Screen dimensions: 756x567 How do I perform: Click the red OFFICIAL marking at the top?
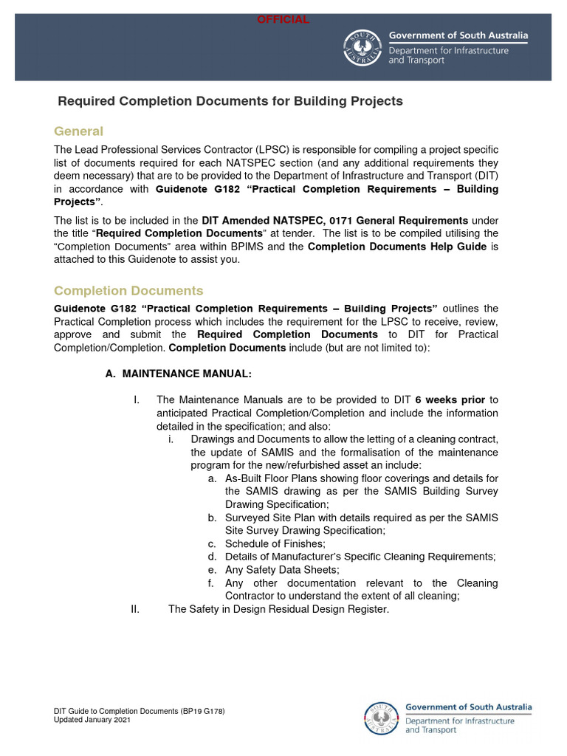pos(283,20)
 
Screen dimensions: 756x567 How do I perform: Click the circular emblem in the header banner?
pos(362,48)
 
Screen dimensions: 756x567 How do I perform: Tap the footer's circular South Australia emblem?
pos(381,718)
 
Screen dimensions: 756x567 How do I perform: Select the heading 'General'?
pos(78,131)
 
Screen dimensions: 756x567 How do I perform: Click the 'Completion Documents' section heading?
pos(128,291)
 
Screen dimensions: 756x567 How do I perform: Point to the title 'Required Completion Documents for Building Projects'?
pos(230,101)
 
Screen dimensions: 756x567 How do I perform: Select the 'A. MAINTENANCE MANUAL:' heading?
pos(179,374)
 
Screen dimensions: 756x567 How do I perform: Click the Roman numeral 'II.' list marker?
pos(135,609)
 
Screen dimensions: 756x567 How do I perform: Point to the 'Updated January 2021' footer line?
pos(92,719)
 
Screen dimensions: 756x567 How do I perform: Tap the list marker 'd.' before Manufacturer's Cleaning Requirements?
pos(212,557)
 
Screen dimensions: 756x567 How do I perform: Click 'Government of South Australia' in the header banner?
pos(458,35)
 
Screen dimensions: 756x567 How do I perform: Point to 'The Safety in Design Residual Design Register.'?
pos(278,609)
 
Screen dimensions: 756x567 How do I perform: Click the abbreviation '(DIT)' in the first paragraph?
pos(482,176)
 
